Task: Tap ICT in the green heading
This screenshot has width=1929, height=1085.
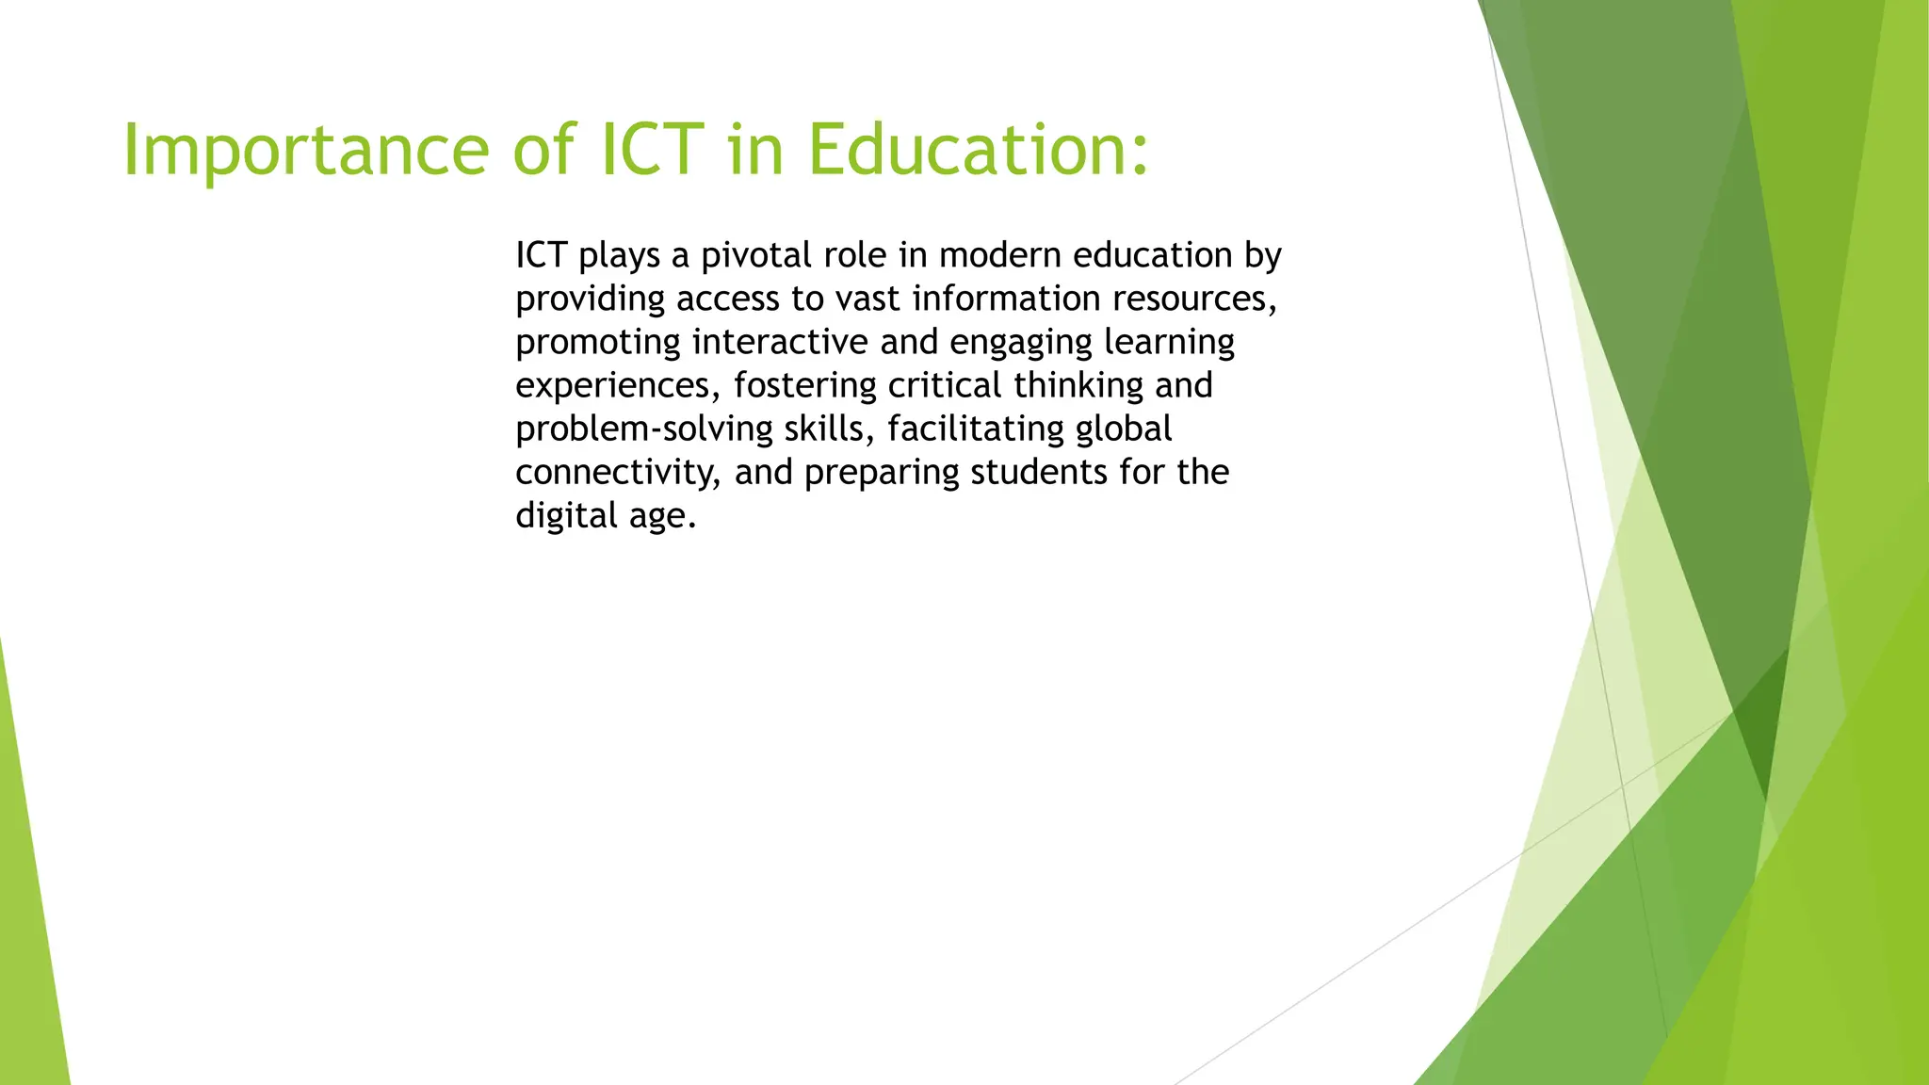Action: [652, 151]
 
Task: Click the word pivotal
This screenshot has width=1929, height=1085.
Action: [756, 255]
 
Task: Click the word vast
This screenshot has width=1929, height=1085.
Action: [867, 299]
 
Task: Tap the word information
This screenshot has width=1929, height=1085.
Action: [1006, 299]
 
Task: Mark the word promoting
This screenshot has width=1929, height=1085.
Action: [597, 343]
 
